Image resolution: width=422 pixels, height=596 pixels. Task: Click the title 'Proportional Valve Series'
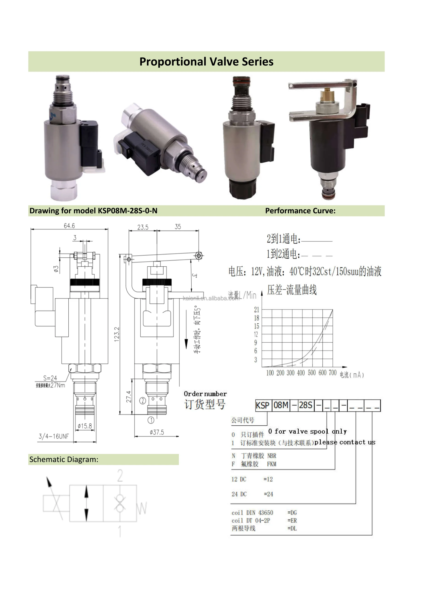point(206,62)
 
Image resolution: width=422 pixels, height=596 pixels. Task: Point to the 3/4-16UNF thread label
point(54,436)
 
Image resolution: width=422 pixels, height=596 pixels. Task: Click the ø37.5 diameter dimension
point(157,432)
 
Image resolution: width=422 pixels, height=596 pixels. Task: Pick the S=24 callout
point(50,378)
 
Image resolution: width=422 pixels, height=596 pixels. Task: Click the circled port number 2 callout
point(143,401)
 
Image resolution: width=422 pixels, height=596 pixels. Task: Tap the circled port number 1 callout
point(151,420)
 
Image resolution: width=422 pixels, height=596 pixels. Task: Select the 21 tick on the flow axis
point(256,309)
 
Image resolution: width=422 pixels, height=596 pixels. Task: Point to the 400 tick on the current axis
point(301,373)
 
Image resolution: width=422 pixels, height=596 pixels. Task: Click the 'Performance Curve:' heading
point(300,211)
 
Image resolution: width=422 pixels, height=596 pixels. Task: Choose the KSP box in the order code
point(263,405)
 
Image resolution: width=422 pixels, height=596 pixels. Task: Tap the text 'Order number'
point(205,394)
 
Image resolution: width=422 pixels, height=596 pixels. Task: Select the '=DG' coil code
point(292,513)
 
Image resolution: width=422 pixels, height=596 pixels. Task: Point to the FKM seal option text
point(271,464)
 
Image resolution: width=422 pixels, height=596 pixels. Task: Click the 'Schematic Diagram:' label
point(64,459)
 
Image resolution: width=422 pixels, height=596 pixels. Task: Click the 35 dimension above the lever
point(178,227)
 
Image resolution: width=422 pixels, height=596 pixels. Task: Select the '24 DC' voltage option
point(239,494)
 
